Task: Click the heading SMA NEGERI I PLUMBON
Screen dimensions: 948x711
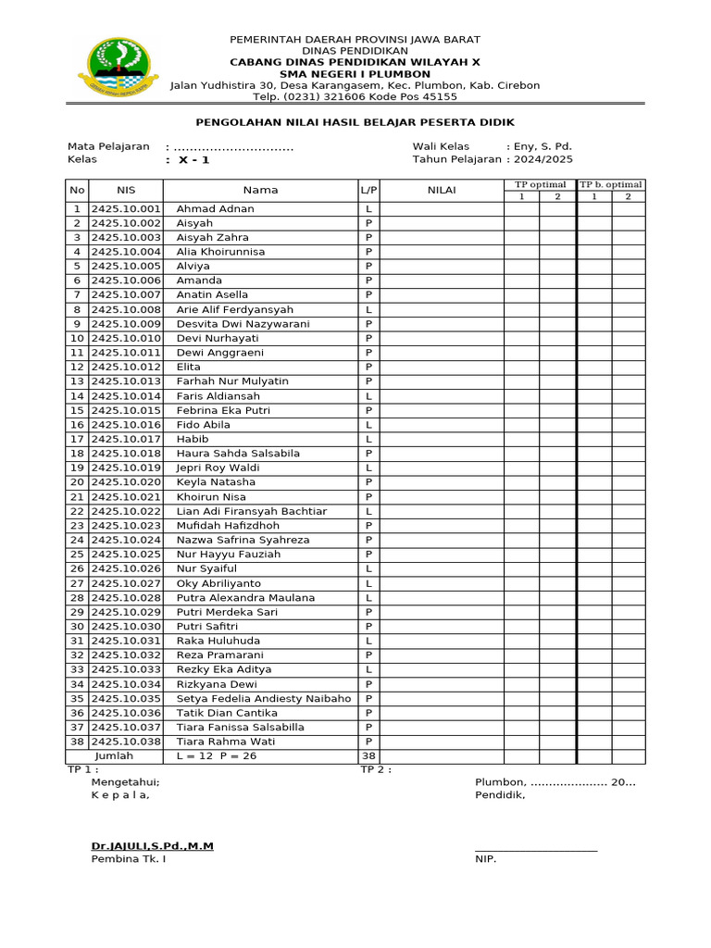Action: click(x=355, y=74)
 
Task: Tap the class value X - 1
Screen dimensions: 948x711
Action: click(x=193, y=159)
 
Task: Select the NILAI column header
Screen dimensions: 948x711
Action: click(x=442, y=190)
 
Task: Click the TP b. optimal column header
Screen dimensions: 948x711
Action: click(x=611, y=184)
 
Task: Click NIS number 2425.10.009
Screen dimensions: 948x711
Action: click(x=126, y=324)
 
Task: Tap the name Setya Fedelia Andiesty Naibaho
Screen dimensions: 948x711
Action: click(x=264, y=699)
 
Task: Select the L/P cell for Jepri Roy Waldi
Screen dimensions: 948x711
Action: click(x=368, y=468)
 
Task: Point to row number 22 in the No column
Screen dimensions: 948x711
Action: click(x=77, y=511)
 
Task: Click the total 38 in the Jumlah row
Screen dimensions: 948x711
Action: click(x=368, y=756)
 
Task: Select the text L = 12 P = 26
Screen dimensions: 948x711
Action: click(x=217, y=756)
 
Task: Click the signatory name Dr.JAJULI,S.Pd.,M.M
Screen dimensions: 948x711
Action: click(x=152, y=846)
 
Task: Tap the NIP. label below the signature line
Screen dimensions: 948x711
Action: click(x=485, y=859)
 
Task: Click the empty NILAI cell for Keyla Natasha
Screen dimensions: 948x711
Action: click(x=442, y=482)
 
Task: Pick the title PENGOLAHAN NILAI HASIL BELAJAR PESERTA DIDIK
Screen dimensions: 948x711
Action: click(x=355, y=122)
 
